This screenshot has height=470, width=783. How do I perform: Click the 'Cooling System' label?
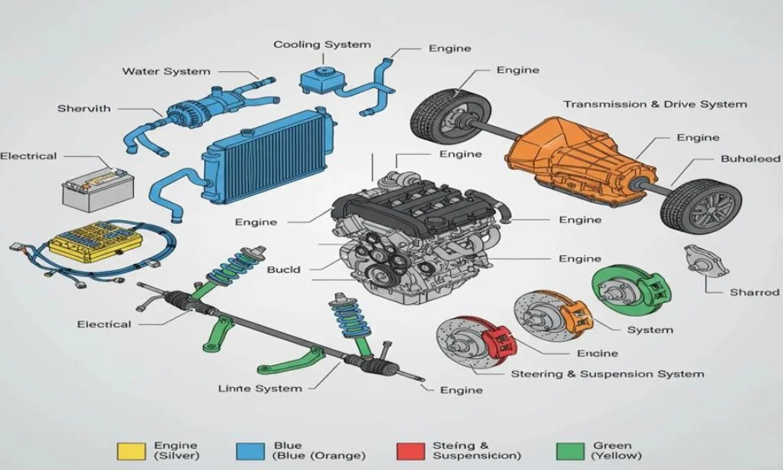[322, 45]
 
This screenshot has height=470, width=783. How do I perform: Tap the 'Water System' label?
[166, 71]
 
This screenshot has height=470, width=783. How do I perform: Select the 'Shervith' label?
[84, 108]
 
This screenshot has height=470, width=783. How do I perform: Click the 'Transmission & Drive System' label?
[655, 104]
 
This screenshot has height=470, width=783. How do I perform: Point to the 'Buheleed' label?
[751, 159]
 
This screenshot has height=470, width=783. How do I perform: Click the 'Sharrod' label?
[754, 292]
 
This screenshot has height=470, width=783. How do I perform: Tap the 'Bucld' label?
[283, 269]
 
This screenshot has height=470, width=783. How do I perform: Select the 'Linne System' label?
[260, 389]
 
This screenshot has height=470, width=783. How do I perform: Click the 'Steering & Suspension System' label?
[608, 374]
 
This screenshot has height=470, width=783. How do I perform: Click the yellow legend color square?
[132, 451]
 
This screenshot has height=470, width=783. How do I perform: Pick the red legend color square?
[410, 451]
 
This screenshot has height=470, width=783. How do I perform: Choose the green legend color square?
[570, 451]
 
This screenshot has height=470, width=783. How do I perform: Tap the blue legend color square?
[251, 451]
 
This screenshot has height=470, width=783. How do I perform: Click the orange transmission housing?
[579, 160]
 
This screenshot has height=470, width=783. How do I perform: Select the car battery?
[99, 189]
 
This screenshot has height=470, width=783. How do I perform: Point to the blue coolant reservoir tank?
[323, 79]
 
